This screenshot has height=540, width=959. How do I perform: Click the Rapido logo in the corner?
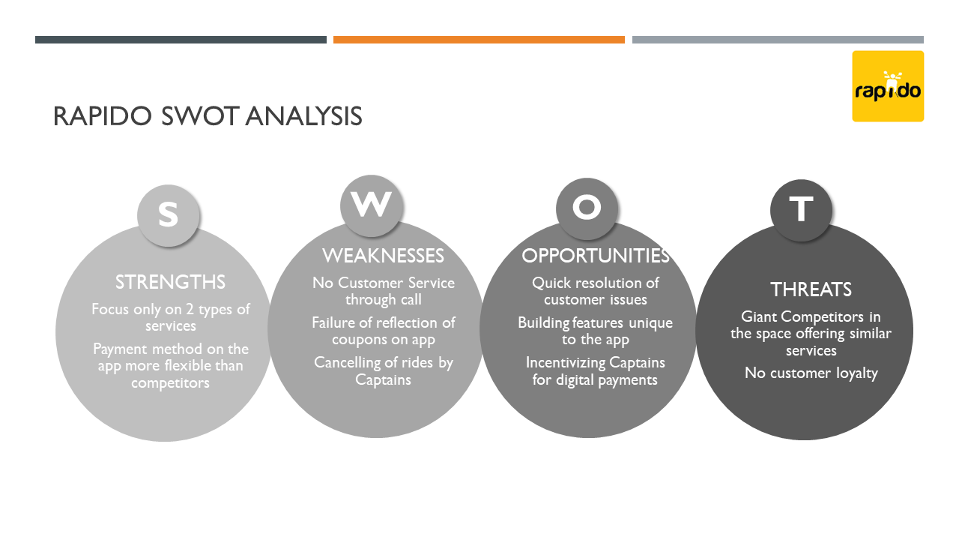[888, 86]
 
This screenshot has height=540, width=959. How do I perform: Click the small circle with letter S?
[169, 215]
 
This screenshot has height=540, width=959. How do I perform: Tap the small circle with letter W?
[371, 205]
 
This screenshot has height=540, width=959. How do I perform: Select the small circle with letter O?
[587, 208]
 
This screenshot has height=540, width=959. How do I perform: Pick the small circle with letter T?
[801, 210]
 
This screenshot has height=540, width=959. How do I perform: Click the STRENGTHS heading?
[170, 283]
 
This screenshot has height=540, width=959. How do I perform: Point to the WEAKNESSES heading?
[383, 256]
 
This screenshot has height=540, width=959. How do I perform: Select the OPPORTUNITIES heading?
[596, 256]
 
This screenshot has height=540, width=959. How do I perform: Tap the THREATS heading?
[811, 289]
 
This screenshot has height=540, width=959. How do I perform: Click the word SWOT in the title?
[199, 116]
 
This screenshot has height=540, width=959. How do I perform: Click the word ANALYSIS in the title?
[304, 116]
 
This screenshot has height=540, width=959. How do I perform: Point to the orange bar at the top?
[479, 40]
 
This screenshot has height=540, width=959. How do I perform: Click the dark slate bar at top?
[181, 40]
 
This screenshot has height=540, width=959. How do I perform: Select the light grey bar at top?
[778, 40]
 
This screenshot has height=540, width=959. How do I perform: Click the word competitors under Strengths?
[170, 382]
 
